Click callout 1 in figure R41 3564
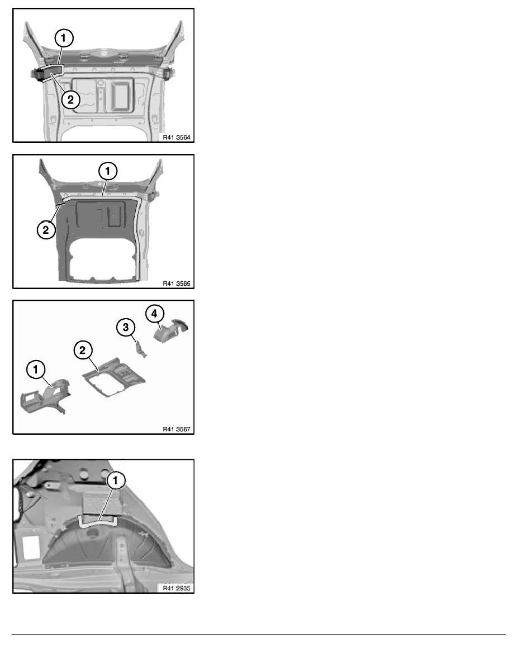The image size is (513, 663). [x=64, y=38]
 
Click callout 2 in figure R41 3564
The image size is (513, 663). [x=70, y=100]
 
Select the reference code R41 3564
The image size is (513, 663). [x=177, y=137]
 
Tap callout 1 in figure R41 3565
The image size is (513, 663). [x=108, y=171]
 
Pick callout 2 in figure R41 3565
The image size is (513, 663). [x=46, y=230]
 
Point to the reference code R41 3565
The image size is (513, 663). [x=177, y=284]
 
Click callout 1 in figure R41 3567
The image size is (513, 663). [x=36, y=369]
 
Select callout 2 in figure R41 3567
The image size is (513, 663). [x=83, y=350]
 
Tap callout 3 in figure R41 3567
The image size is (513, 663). [x=126, y=327]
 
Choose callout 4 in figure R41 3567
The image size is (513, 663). [x=154, y=314]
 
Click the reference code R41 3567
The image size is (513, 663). [x=177, y=429]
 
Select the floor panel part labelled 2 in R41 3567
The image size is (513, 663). [x=114, y=377]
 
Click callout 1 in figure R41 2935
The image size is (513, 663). [x=115, y=481]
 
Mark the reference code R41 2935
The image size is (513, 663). [x=177, y=588]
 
